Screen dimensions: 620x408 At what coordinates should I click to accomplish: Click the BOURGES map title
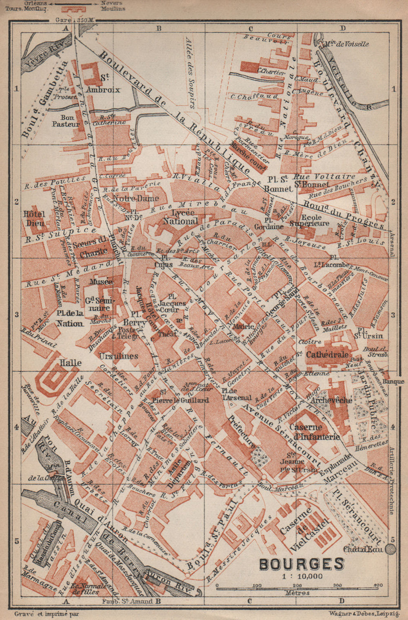pos(302,564)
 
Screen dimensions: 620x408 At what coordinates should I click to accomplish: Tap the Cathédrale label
pos(327,354)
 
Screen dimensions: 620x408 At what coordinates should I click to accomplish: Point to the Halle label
pos(70,363)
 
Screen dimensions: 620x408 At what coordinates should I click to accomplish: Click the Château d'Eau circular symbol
pos(390,549)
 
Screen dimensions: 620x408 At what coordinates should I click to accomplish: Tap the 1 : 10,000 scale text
pos(302,576)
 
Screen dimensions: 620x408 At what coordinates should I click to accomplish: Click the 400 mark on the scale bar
pos(377,585)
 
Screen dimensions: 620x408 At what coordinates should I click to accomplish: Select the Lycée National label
pos(180,217)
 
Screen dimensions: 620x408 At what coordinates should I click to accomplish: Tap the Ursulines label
pos(119,356)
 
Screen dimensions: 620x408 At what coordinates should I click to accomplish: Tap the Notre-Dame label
pos(130,198)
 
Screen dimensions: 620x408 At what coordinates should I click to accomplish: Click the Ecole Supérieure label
pos(309,219)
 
